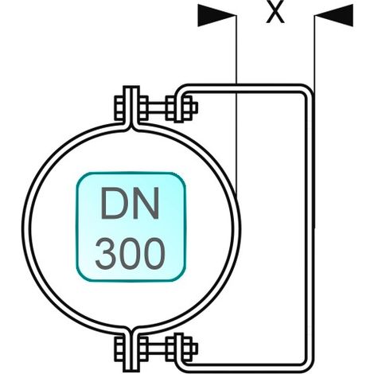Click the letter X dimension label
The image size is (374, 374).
click(275, 11)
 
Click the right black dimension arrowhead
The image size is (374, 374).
click(334, 15)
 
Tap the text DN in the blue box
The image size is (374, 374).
click(130, 204)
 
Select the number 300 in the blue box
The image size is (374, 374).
click(130, 253)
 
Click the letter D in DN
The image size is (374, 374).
click(114, 204)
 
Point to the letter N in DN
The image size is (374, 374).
click(146, 204)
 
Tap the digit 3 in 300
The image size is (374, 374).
click(107, 253)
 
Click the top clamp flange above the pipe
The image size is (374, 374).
click(131, 106)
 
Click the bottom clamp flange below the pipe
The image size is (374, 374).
click(131, 351)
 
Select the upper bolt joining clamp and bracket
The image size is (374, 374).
click(157, 107)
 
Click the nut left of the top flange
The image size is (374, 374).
click(119, 107)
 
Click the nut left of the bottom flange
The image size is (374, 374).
click(119, 348)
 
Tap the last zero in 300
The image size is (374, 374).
click(154, 253)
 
